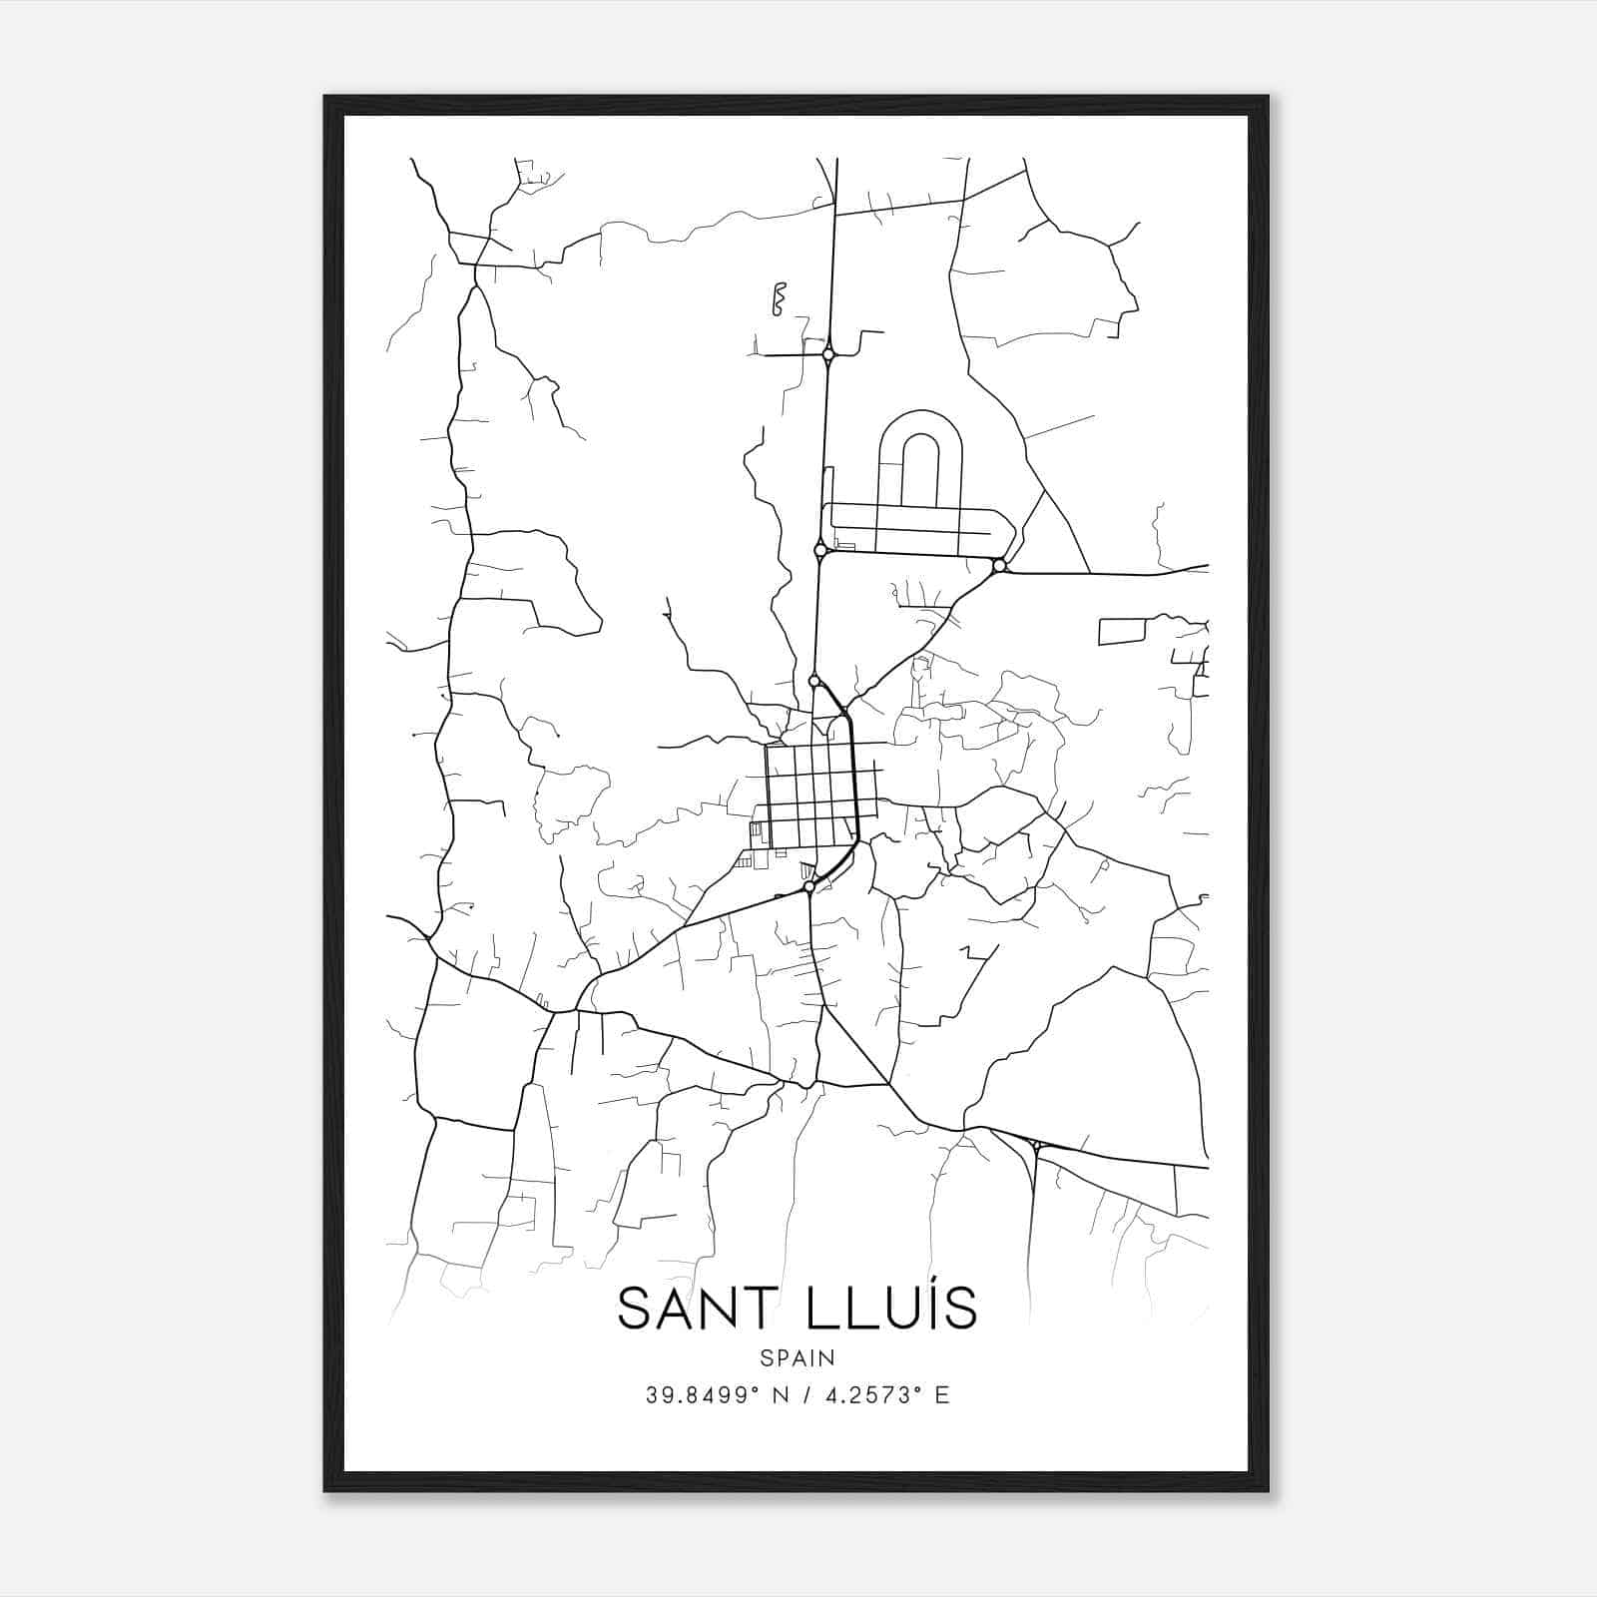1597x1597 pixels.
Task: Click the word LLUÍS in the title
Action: (879, 1309)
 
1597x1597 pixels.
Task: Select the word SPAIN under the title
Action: (798, 1358)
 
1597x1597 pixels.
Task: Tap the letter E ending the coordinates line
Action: (942, 1395)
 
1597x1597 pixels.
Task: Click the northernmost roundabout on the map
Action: (828, 353)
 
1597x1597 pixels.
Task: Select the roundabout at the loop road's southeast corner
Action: (999, 566)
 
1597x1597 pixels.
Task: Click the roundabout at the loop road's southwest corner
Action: (820, 550)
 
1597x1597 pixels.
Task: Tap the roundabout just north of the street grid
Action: (814, 681)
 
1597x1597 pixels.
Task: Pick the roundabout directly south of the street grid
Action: (808, 886)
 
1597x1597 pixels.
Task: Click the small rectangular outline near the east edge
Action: (1123, 631)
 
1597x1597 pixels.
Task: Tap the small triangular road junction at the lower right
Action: (1038, 1146)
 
